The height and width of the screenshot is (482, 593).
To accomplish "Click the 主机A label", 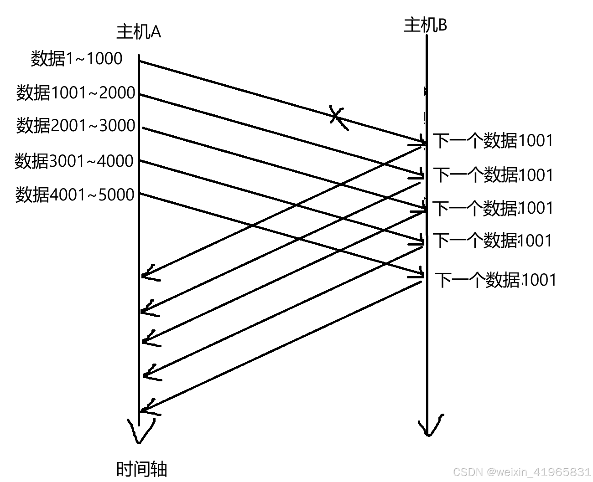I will coord(139,32).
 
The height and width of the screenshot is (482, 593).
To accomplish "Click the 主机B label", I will coord(425,25).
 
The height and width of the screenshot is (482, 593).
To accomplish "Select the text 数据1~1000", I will coord(77,59).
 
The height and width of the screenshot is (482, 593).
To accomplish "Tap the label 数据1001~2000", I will coord(76,93).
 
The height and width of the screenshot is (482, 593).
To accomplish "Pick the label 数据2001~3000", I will coord(76,125).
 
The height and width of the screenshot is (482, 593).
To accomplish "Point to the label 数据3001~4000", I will coord(74,161).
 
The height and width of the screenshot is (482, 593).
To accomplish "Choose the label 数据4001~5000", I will coord(75,195).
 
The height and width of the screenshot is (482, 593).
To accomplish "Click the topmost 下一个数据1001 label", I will coord(493,141).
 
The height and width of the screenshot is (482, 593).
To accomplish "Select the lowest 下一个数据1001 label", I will coord(495,280).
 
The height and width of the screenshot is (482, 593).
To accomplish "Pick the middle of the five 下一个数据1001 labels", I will coord(493,208).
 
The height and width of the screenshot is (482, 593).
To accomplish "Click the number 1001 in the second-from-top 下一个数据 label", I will coord(536,175).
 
